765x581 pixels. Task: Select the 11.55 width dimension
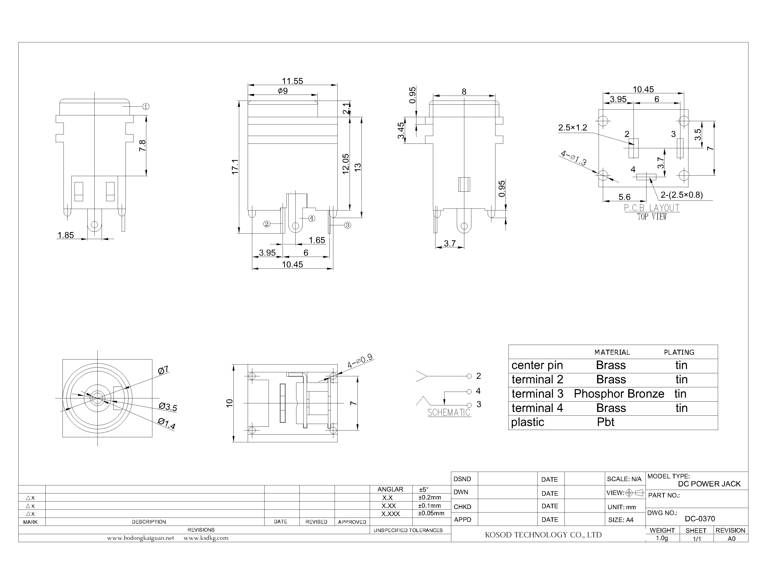tap(292, 81)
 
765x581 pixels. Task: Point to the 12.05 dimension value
tap(346, 164)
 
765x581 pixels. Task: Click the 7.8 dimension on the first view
tap(142, 145)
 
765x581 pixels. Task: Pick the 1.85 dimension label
tap(66, 236)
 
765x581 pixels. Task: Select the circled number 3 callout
tap(348, 225)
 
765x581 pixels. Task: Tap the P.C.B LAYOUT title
tap(652, 208)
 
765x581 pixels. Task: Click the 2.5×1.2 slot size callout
tap(573, 128)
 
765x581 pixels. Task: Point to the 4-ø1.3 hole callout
tap(573, 158)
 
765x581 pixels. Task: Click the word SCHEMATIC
tap(449, 413)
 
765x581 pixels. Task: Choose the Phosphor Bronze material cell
tap(619, 394)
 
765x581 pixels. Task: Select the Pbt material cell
tap(605, 422)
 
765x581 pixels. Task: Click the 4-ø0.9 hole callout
tap(360, 361)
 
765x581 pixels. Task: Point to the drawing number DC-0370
tap(699, 519)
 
